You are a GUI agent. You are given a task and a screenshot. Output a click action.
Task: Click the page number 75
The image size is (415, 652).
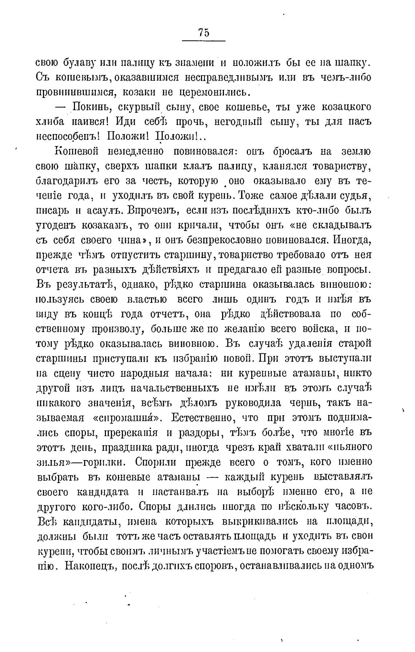(204, 33)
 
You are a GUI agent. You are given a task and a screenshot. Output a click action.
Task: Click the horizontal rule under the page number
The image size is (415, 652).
(203, 40)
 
